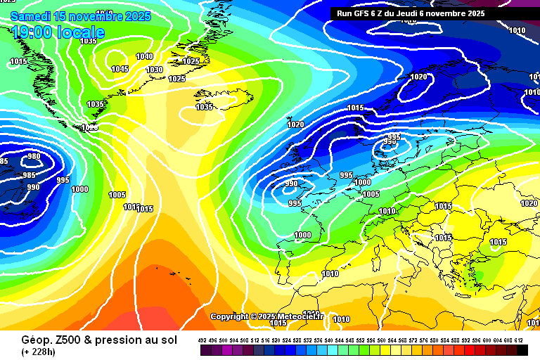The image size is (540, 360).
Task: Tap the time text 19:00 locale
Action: pyautogui.click(x=58, y=32)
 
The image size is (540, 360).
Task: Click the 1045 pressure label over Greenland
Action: pyautogui.click(x=120, y=69)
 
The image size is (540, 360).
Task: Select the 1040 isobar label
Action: pyautogui.click(x=144, y=56)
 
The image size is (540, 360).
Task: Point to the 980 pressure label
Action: pyautogui.click(x=33, y=156)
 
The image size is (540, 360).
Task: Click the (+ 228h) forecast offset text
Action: pyautogui.click(x=39, y=352)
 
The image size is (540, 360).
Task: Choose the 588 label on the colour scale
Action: pyautogui.click(x=456, y=340)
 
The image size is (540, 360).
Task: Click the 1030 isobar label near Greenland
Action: pyautogui.click(x=154, y=70)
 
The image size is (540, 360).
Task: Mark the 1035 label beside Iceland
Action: pyautogui.click(x=204, y=107)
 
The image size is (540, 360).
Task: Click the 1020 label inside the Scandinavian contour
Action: pyautogui.click(x=418, y=77)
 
